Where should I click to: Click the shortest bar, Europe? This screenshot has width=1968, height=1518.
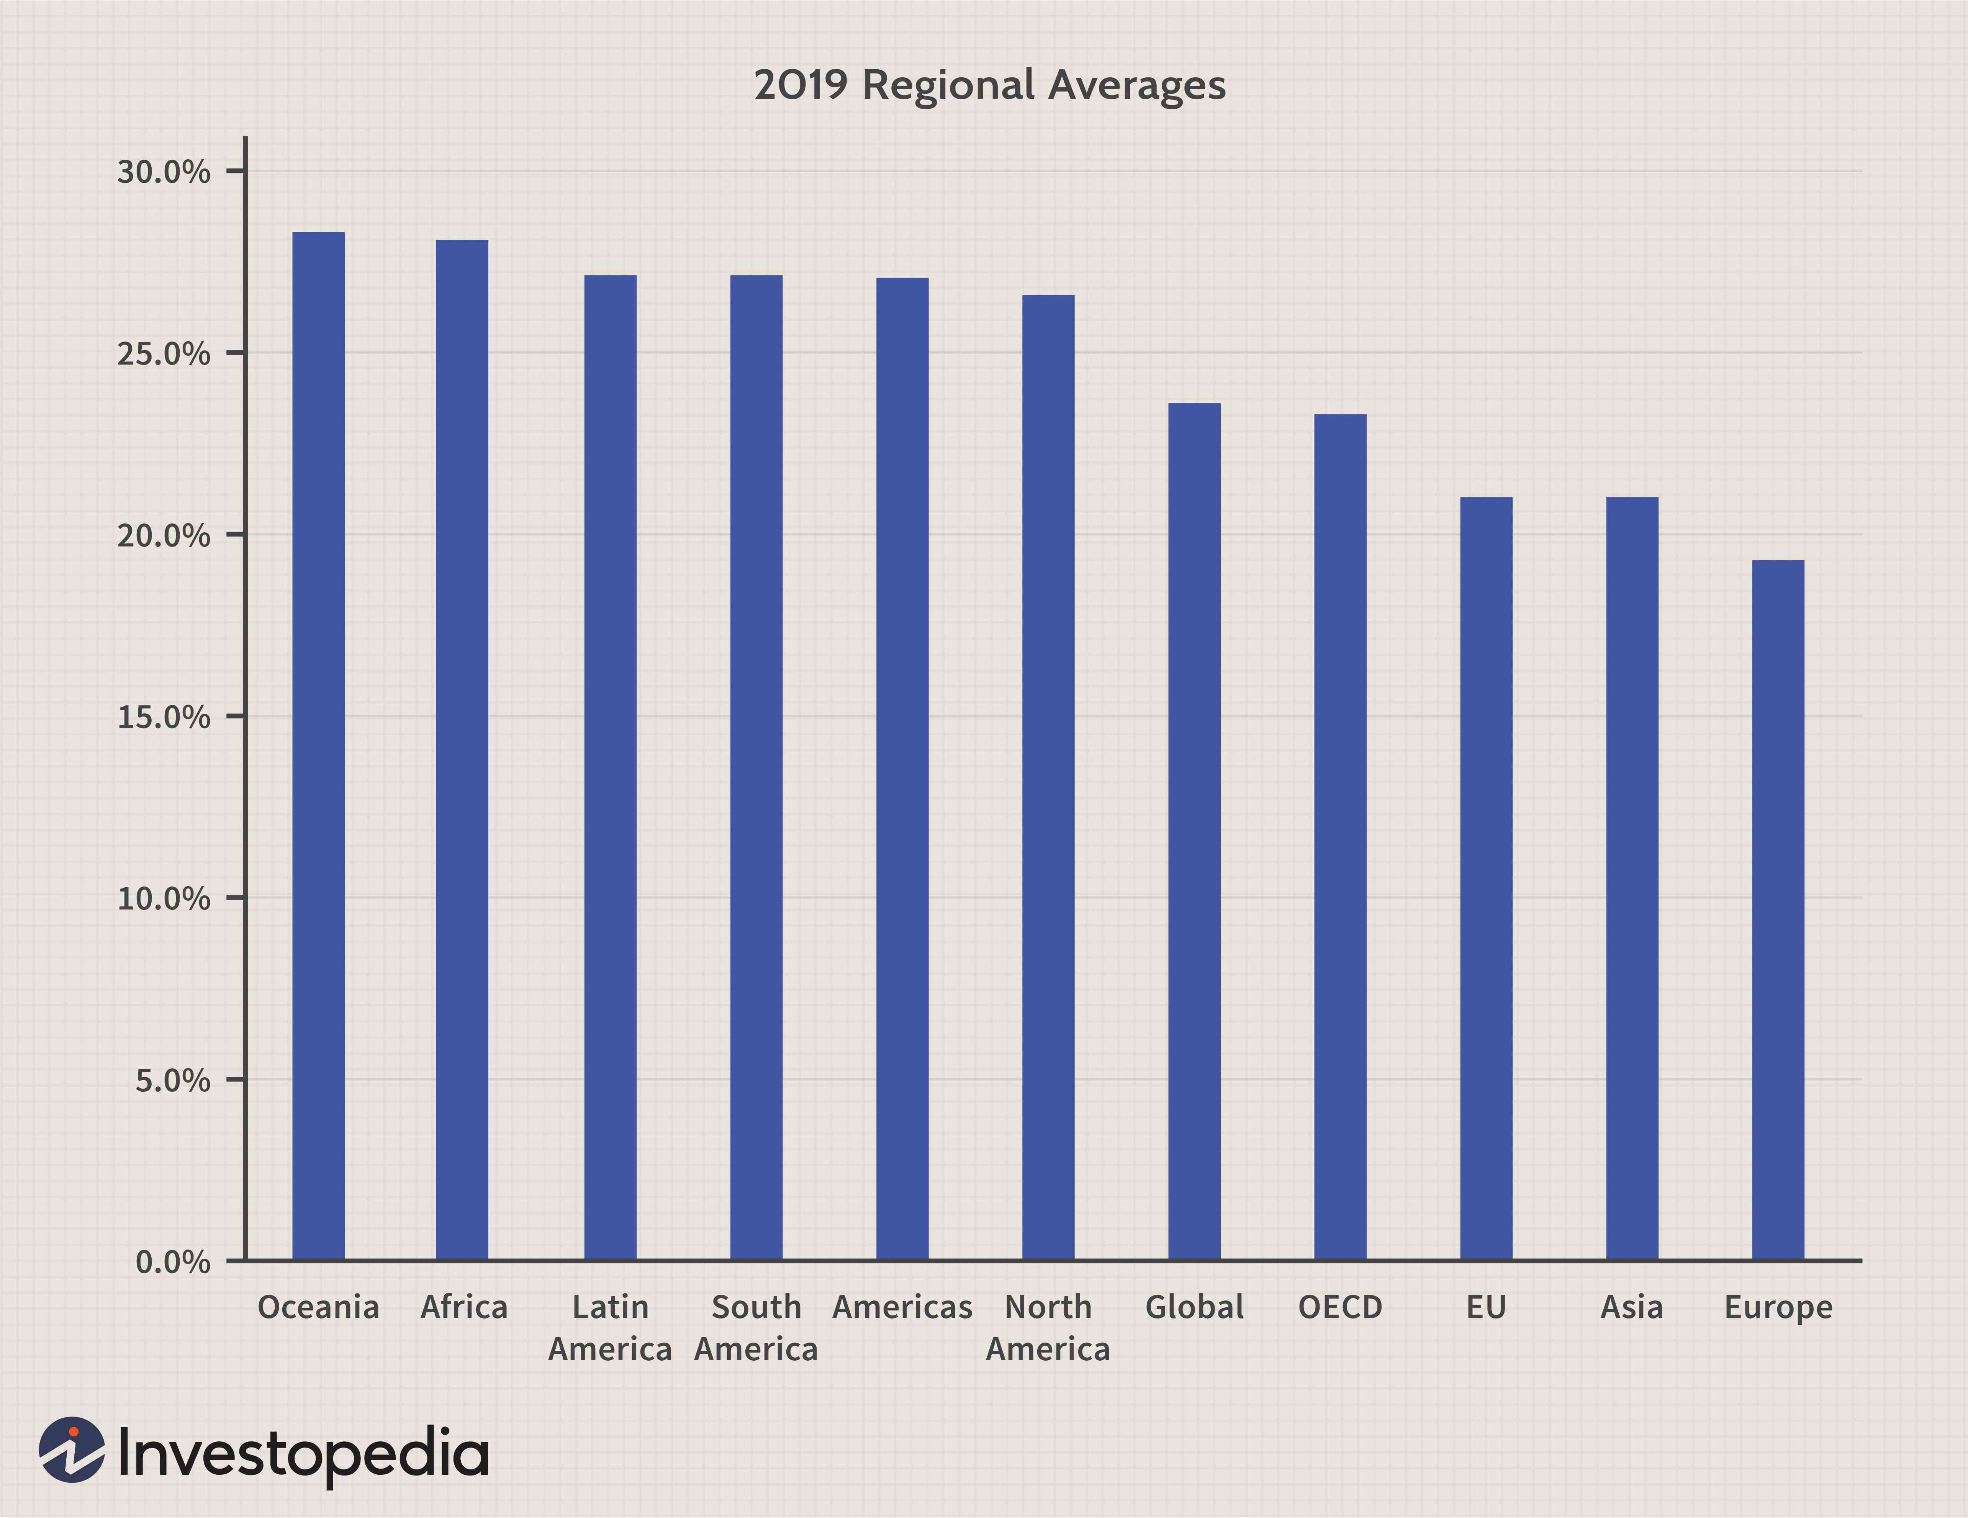1778,910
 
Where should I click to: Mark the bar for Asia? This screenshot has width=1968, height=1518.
1632,878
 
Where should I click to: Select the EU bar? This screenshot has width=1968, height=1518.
1486,878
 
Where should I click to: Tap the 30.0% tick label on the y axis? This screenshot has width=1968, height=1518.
163,171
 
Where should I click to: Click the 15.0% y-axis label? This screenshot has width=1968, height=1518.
163,717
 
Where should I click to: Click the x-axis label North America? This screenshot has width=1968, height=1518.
1048,1328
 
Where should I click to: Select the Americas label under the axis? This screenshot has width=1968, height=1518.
902,1307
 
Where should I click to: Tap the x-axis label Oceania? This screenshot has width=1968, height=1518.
318,1307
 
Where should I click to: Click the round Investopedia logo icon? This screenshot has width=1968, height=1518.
72,1449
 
